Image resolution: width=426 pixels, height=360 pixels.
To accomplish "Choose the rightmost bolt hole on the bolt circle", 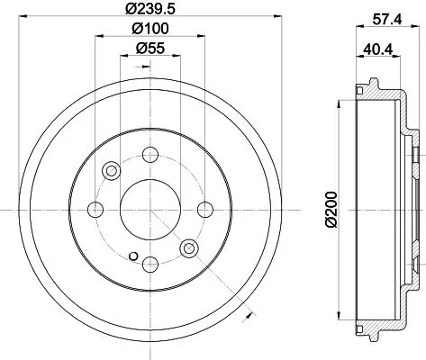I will pos(204,210).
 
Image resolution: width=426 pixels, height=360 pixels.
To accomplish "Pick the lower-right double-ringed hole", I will pos(189,247).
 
